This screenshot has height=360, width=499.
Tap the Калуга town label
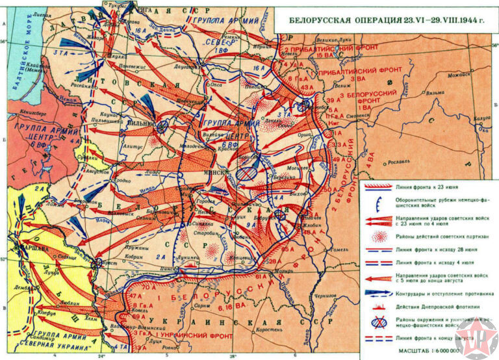[481, 118]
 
